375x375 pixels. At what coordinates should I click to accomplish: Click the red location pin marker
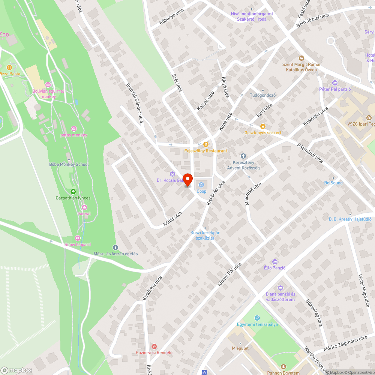187,179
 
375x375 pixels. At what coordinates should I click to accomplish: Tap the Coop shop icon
202,184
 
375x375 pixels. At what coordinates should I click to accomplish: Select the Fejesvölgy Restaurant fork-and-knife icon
205,144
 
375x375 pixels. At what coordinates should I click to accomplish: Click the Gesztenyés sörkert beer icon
262,126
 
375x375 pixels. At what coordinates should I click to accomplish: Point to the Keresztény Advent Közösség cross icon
243,156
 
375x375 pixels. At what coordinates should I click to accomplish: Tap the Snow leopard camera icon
78,238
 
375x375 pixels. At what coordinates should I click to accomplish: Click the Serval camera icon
84,207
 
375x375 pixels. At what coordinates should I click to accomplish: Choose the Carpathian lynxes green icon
73,192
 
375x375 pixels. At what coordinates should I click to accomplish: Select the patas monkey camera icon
73,129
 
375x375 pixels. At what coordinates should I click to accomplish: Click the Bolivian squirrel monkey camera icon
48,85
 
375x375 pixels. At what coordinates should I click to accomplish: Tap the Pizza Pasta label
10,74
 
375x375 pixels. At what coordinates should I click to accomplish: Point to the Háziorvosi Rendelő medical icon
154,346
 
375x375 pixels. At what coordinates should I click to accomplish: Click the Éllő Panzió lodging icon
275,261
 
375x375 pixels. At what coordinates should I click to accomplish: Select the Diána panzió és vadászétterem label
280,297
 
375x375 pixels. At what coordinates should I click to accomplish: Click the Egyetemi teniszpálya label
257,324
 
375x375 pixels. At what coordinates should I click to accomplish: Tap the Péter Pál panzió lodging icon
335,83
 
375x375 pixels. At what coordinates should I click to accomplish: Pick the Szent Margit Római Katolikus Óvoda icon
300,58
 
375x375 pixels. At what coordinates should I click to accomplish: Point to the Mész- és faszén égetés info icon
115,247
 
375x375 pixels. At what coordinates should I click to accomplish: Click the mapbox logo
17,370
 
